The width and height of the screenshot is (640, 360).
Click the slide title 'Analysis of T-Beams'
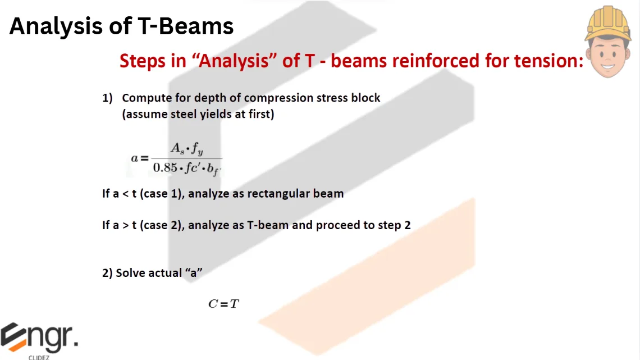(x=121, y=26)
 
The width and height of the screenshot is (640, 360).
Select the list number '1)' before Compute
(x=108, y=98)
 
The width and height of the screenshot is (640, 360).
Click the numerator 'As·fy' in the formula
(x=186, y=149)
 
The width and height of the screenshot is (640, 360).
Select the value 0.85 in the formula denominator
(x=165, y=167)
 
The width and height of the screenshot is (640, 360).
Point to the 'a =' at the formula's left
(x=140, y=158)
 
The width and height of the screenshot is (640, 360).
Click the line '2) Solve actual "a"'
(x=152, y=273)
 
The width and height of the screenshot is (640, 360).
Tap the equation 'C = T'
(x=223, y=304)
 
